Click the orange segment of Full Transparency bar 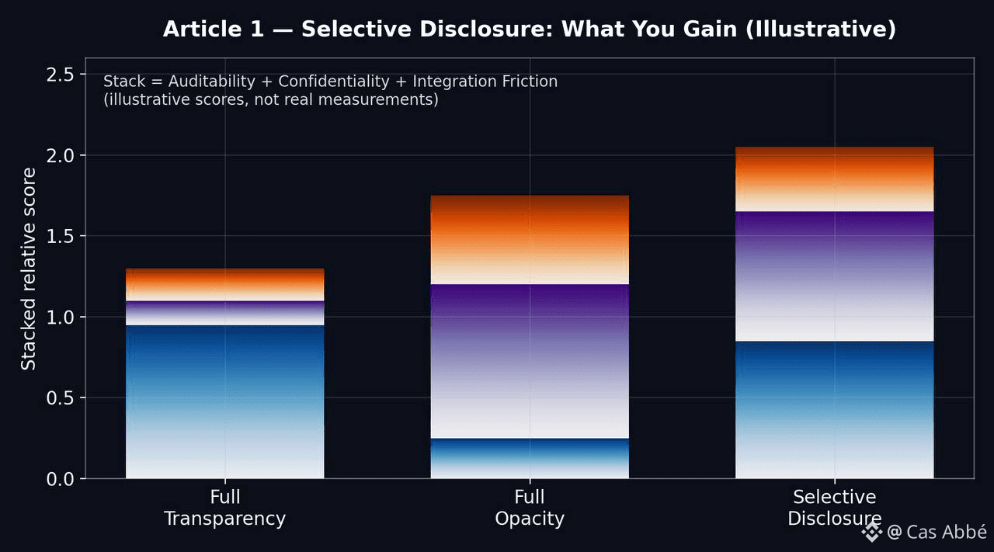224,284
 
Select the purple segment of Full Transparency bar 224,313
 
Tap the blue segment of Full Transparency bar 224,401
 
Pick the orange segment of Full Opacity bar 530,240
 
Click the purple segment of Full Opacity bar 530,361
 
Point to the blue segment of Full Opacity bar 530,458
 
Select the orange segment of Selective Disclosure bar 834,179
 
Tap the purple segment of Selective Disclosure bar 834,276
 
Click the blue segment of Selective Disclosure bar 834,410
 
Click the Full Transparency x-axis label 224,508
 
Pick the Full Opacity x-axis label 530,508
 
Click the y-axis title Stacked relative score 29,269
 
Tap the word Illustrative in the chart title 839,30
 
